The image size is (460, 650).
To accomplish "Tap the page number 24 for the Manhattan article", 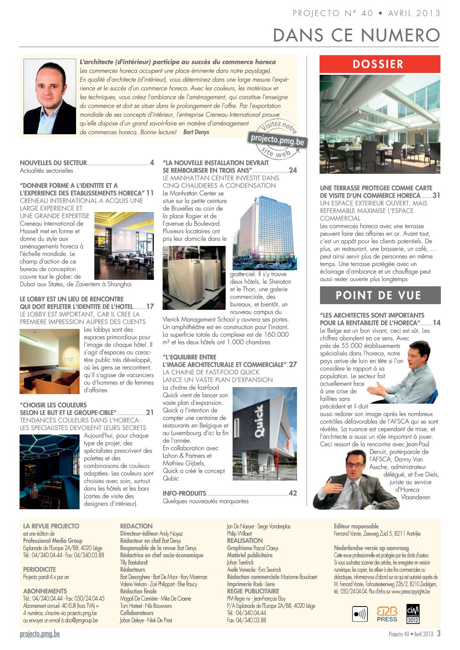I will tap(293, 170).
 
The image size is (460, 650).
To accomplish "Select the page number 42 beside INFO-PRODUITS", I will tap(293, 493).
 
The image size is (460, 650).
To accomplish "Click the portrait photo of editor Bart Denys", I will tap(49, 96).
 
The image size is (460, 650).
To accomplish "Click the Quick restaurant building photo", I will tap(264, 433).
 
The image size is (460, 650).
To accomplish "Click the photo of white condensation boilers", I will tap(194, 278).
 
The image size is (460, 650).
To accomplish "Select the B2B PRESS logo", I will tap(387, 614).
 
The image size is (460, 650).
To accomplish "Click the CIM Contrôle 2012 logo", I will tap(413, 614).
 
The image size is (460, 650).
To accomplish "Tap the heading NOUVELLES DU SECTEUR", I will tap(53, 163).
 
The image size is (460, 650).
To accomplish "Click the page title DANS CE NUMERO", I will tap(357, 35).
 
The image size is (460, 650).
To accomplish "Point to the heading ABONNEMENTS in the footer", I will tap(45, 591).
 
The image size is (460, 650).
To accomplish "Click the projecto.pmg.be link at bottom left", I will tap(40, 634).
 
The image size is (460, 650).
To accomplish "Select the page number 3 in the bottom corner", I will tap(439, 633).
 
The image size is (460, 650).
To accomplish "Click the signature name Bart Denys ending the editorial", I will tap(196, 132).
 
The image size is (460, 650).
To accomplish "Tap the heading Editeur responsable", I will tap(356, 526).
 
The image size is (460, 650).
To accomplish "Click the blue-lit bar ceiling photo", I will tap(49, 471).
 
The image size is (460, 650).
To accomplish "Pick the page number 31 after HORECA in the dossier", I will tap(436, 196).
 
